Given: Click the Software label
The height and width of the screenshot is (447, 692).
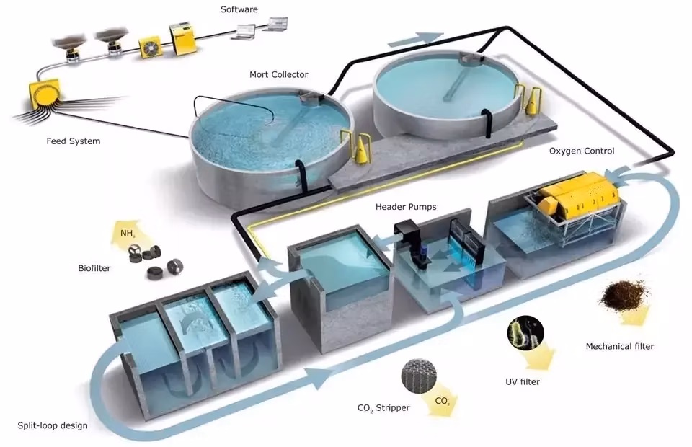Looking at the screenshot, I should [x=240, y=9].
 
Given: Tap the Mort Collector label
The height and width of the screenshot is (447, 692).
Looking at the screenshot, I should [x=278, y=74].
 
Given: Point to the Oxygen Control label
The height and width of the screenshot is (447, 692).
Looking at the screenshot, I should [x=582, y=151].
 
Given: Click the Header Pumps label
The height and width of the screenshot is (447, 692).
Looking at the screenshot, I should [x=406, y=207].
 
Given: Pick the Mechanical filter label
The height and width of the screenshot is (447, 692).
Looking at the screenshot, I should [x=619, y=347].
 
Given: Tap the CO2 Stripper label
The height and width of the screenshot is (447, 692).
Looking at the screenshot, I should [x=383, y=408].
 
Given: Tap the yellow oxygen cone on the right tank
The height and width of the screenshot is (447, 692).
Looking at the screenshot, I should [x=533, y=100].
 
